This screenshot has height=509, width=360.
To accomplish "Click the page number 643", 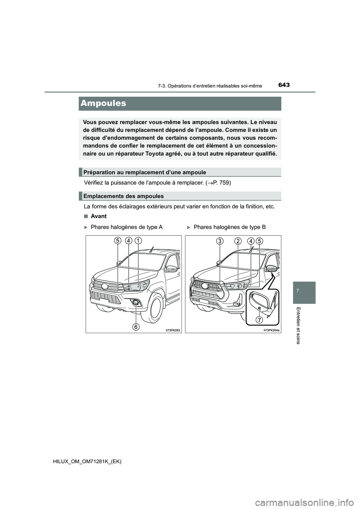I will (x=284, y=85).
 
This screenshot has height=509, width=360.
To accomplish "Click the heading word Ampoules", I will (x=103, y=103).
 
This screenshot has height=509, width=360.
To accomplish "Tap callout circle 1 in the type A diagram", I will (x=138, y=241).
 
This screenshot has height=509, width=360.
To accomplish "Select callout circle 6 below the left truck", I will (x=137, y=327).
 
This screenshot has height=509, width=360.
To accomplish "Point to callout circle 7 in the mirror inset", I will (x=259, y=320).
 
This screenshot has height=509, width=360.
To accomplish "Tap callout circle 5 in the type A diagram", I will (x=118, y=241).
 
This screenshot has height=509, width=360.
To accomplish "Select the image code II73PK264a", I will (x=271, y=330).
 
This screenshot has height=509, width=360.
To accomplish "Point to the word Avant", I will (x=99, y=216).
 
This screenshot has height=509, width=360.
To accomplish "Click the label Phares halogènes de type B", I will (x=229, y=227).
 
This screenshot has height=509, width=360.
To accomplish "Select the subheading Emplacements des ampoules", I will (x=123, y=196).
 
